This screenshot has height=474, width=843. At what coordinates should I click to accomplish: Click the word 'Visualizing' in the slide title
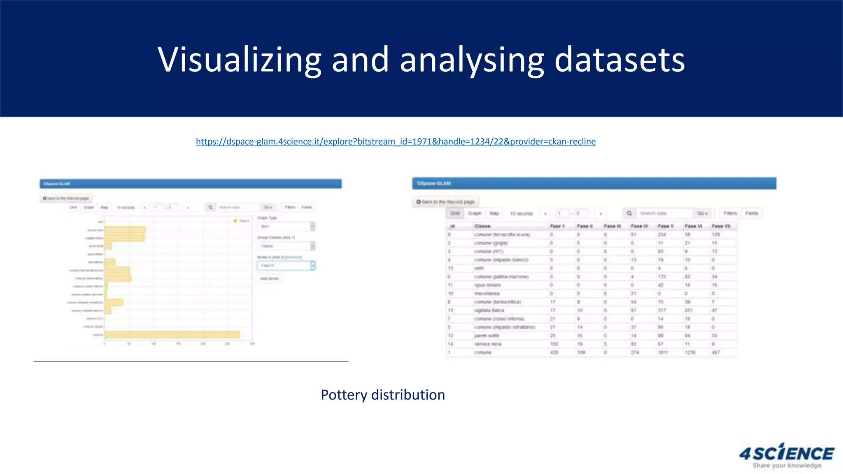click(239, 60)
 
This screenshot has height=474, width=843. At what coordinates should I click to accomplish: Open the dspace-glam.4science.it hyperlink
click(396, 142)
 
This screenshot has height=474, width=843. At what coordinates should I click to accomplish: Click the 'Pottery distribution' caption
click(382, 395)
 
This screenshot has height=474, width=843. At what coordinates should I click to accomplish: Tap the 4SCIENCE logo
click(787, 455)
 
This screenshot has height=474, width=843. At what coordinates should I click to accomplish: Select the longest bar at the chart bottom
click(172, 335)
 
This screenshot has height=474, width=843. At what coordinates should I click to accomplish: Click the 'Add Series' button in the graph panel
click(270, 279)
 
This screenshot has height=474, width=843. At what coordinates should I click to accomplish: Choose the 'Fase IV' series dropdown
click(286, 266)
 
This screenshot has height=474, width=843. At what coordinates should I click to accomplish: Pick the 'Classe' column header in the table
click(482, 226)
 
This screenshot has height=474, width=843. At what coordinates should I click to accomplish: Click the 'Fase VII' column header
click(721, 226)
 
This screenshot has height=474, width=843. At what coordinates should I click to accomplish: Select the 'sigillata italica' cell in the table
click(489, 310)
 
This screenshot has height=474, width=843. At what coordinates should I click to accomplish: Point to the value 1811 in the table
click(663, 353)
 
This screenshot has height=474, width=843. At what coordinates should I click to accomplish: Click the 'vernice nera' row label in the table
click(488, 344)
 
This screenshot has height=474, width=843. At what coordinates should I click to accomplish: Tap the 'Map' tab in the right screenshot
click(494, 214)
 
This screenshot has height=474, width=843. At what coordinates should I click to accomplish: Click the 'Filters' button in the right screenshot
click(730, 214)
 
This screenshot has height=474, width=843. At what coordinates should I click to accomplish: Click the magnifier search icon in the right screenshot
click(629, 214)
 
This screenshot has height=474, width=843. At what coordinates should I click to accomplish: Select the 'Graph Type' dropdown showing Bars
click(286, 226)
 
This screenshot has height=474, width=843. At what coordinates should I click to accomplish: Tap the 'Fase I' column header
click(557, 226)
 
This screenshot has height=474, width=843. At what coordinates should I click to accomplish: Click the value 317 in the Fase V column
click(661, 310)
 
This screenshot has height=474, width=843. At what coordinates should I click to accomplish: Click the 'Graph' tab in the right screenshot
click(475, 214)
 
